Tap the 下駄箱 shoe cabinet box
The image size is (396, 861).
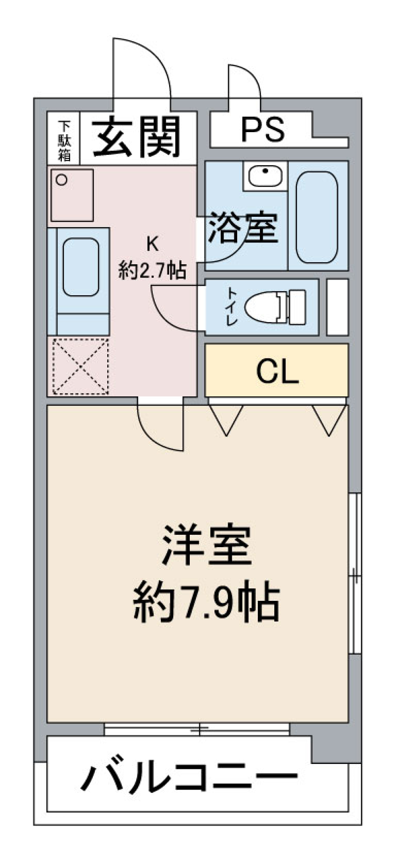(64, 140)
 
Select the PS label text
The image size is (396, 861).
(263, 130)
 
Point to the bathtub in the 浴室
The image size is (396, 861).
(317, 217)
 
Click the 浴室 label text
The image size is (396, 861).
(243, 228)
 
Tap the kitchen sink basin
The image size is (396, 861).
(80, 267)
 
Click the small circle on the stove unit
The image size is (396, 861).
(62, 180)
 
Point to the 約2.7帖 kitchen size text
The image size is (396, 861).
(152, 271)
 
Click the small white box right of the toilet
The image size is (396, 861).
(337, 307)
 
